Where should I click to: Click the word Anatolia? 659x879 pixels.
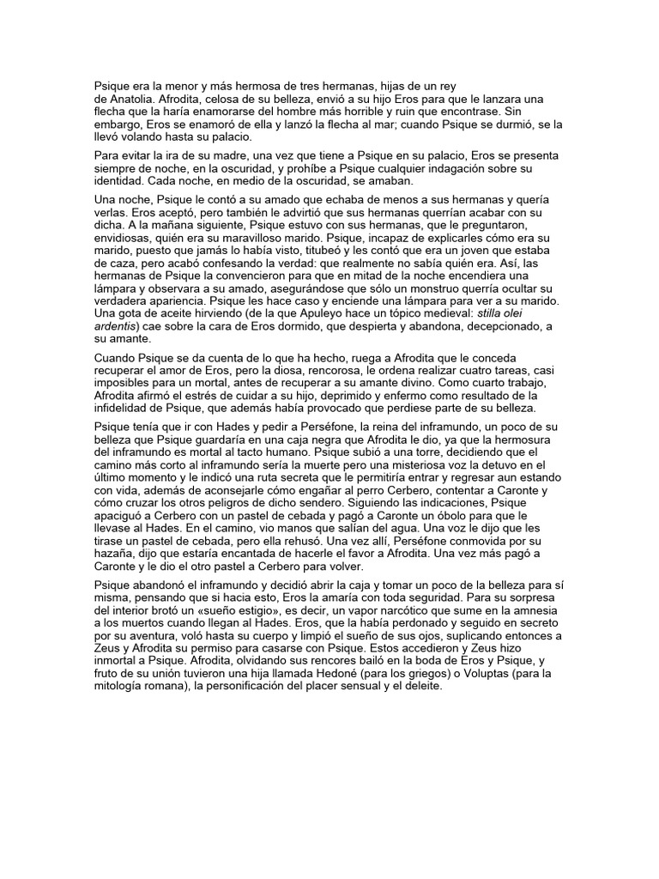pos(129,99)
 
